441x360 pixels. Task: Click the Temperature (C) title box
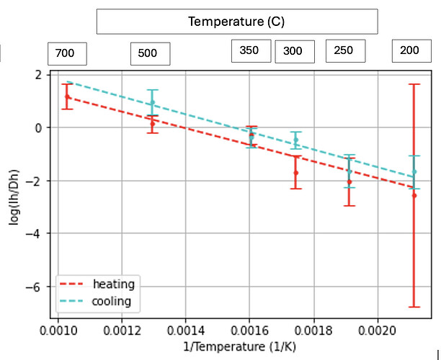pos(237,22)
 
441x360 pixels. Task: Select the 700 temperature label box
pos(67,54)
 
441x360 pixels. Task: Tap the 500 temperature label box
pos(150,54)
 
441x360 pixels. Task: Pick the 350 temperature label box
pos(251,51)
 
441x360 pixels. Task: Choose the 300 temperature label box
pos(295,51)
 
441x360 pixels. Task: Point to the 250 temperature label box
pos(346,51)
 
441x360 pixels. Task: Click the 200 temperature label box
pos(411,51)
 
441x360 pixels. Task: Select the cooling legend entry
pos(96,301)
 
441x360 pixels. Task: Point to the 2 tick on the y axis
pos(38,75)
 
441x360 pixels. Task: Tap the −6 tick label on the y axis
pos(34,287)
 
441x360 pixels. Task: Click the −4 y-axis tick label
pos(34,234)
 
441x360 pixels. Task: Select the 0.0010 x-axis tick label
pos(58,330)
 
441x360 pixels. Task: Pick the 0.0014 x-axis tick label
pos(186,330)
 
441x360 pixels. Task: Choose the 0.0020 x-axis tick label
pos(377,330)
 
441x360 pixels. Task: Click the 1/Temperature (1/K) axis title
pos(240,346)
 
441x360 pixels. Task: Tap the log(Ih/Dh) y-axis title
pos(14,197)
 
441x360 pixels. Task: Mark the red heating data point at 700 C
pos(67,96)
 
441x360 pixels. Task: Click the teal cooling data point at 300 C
pos(296,140)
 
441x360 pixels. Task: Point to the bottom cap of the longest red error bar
pos(414,307)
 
